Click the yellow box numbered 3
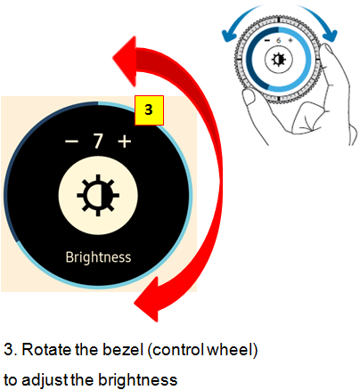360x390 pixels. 149,110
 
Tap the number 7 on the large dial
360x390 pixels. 98,141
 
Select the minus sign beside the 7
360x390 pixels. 71,142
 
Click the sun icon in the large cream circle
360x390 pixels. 98,195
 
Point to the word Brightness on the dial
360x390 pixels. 98,257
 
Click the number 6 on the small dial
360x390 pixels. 278,40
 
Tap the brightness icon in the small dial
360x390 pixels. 279,60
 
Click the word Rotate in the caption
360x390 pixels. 46,349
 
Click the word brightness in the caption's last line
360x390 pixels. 137,379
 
